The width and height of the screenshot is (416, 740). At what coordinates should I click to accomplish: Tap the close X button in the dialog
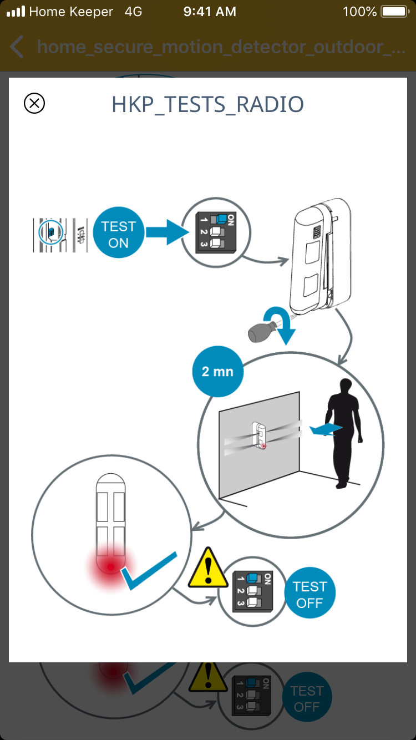tap(34, 103)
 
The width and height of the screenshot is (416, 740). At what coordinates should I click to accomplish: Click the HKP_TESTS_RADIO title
tap(207, 105)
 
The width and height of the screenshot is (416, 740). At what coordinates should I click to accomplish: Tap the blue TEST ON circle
tap(119, 235)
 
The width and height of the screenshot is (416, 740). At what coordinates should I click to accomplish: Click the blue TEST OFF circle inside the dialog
tap(310, 595)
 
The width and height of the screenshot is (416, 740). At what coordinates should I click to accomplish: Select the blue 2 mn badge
tap(217, 372)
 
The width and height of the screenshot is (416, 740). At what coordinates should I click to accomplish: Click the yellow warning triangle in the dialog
tap(209, 569)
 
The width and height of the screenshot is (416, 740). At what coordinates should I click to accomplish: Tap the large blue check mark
tap(149, 571)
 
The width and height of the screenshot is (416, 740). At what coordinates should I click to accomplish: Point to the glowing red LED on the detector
tap(111, 567)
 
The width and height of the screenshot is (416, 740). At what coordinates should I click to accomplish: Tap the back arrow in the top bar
tap(17, 47)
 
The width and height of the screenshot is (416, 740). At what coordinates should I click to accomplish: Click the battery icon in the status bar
tap(394, 12)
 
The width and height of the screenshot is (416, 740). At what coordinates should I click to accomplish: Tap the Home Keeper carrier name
tap(71, 12)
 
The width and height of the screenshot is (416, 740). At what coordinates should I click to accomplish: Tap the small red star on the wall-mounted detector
tap(263, 446)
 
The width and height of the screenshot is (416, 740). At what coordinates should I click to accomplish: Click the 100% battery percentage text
tap(360, 12)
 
